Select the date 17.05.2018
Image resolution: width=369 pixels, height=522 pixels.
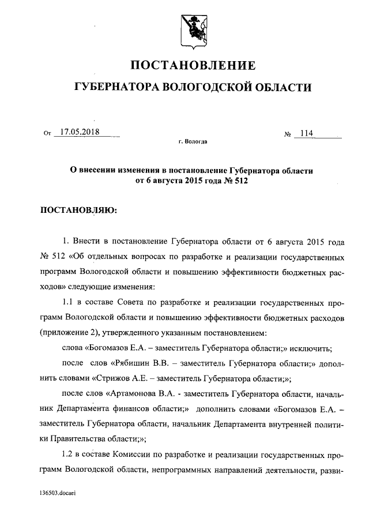pos(80,132)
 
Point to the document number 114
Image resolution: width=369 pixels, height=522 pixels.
pos(305,134)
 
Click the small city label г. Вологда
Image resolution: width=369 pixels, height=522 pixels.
pos(193,141)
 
